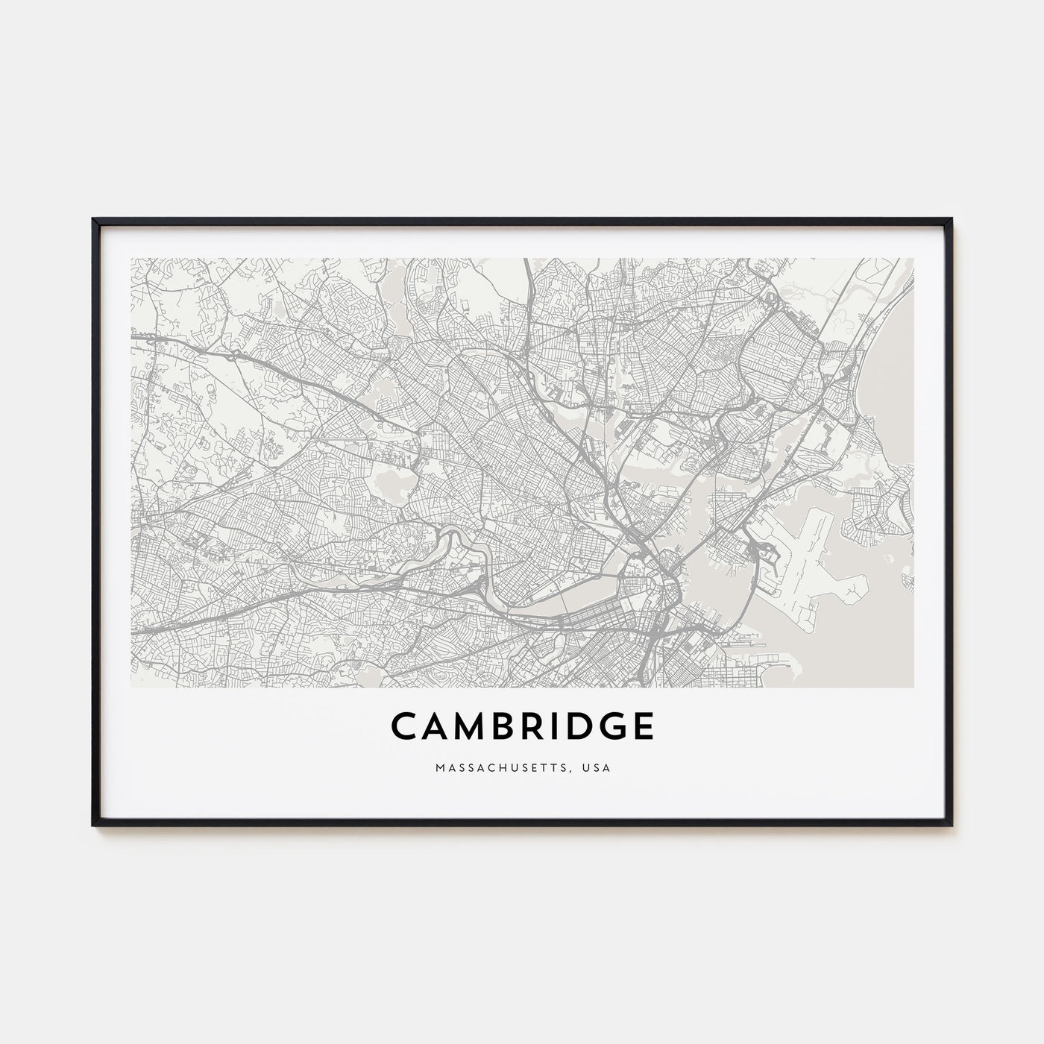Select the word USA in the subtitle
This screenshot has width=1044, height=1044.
coord(597,767)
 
